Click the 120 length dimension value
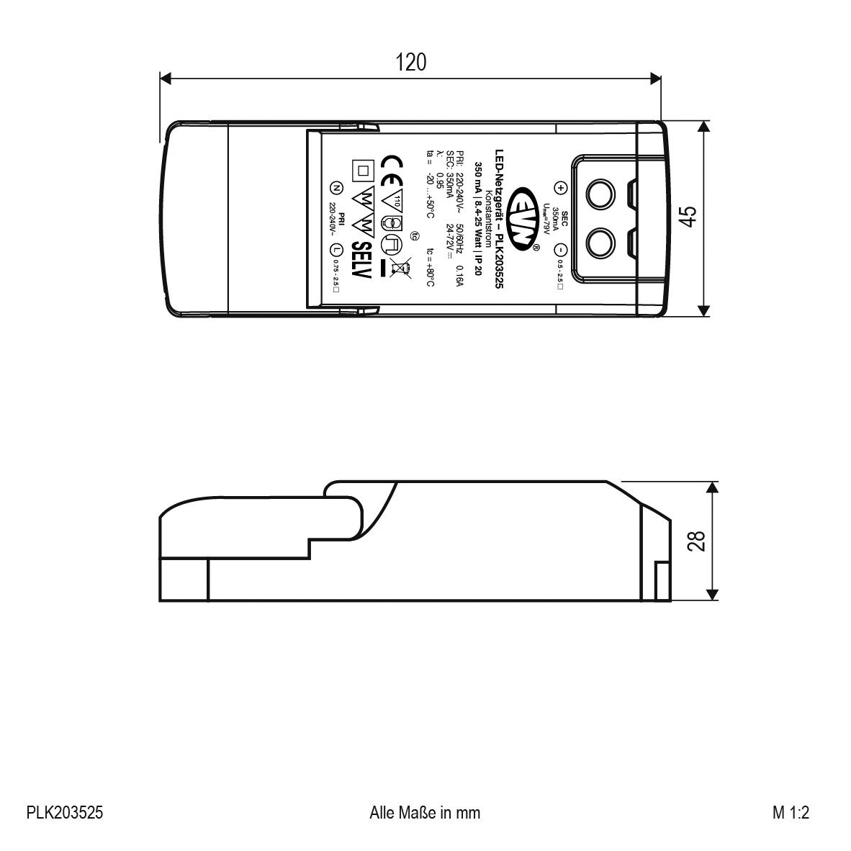(410, 63)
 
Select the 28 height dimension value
(696, 541)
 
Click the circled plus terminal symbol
(562, 188)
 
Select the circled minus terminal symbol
(562, 249)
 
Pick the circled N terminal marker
(335, 188)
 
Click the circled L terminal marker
(335, 250)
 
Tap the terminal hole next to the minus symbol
(600, 244)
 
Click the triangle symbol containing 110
(393, 199)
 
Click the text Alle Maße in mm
(424, 813)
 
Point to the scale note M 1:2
(791, 813)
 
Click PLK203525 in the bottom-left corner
(65, 813)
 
